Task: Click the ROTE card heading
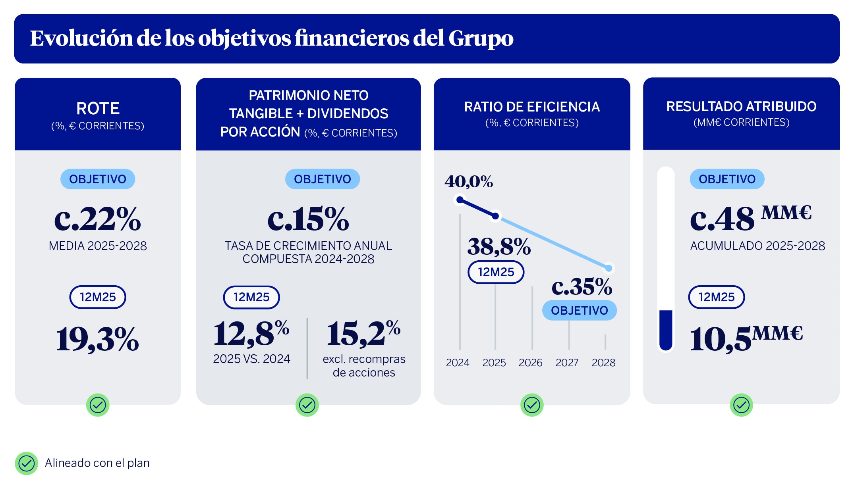pos(98,108)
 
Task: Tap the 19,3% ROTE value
pos(97,339)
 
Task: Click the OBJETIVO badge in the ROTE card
pos(98,179)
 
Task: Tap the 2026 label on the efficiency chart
pos(530,363)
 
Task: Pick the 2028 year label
pos(603,363)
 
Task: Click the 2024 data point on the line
pos(460,200)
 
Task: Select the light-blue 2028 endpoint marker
pos(609,269)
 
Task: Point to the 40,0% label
pos(469,182)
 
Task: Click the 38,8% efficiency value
pos(499,246)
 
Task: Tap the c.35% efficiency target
pos(582,286)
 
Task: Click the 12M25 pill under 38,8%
pos(496,272)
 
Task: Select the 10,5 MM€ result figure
pos(746,338)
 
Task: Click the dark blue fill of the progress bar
pos(666,329)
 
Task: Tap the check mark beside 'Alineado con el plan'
pos(27,463)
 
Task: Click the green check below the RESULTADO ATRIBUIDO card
pos(741,405)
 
